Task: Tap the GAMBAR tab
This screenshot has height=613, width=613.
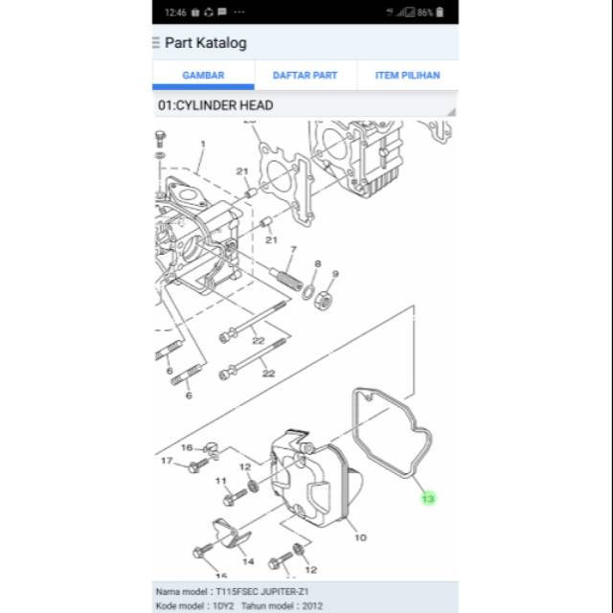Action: pyautogui.click(x=203, y=75)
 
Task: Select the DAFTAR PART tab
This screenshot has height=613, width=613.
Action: pyautogui.click(x=305, y=75)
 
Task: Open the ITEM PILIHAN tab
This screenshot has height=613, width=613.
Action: pyautogui.click(x=407, y=75)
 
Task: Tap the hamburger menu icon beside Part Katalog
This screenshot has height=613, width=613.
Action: pyautogui.click(x=156, y=43)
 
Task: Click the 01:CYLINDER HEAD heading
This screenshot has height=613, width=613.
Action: pyautogui.click(x=214, y=105)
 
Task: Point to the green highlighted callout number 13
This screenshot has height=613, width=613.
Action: pyautogui.click(x=428, y=498)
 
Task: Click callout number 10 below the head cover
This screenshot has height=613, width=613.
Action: pyautogui.click(x=360, y=537)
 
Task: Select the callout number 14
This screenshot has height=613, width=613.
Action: pyautogui.click(x=248, y=561)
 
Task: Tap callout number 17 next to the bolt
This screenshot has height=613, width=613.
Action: pyautogui.click(x=167, y=462)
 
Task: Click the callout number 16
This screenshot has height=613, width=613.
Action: pyautogui.click(x=187, y=447)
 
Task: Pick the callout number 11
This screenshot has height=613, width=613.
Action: pyautogui.click(x=221, y=481)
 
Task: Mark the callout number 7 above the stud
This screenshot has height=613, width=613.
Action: pyautogui.click(x=294, y=250)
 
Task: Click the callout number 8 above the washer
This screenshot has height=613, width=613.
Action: pyautogui.click(x=317, y=263)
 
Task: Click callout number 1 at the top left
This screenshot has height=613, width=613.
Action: pyautogui.click(x=202, y=145)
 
